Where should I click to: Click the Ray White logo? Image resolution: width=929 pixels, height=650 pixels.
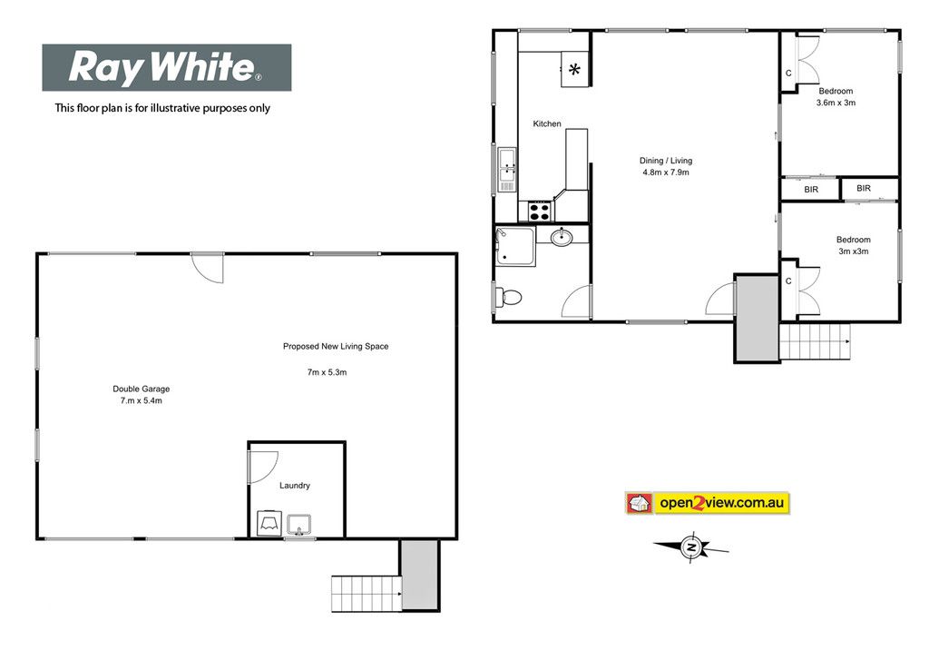(167, 67)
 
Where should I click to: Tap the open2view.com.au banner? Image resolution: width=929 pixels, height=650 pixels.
(708, 503)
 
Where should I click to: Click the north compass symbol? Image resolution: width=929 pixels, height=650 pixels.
(690, 547)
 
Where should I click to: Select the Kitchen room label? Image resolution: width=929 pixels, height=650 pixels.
(547, 123)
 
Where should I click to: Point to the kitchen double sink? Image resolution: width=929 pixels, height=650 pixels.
(507, 169)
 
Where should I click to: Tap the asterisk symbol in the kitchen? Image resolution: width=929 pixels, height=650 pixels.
(574, 70)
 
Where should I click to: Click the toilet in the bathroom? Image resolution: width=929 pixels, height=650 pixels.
(508, 296)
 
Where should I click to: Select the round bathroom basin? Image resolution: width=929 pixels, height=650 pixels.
(561, 237)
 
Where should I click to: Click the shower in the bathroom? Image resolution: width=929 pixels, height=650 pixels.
(515, 245)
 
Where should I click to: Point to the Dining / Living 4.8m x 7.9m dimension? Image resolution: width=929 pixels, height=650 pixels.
(666, 172)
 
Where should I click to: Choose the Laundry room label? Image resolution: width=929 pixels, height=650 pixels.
(295, 485)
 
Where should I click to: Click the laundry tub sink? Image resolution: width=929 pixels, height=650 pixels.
(299, 526)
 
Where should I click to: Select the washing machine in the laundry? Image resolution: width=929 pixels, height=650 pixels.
(269, 523)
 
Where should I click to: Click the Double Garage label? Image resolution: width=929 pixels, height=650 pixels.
(141, 394)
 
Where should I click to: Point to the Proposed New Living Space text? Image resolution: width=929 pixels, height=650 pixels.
(336, 347)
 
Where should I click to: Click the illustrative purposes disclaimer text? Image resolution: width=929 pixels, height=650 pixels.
(162, 108)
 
